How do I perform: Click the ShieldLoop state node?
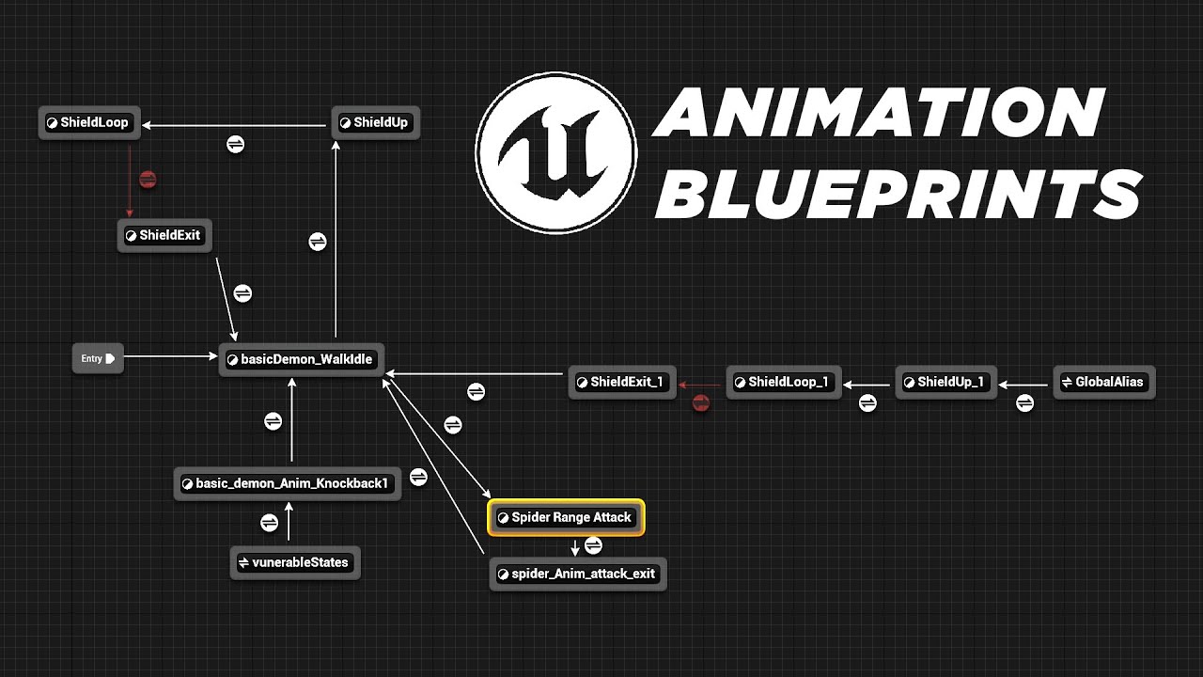click(89, 122)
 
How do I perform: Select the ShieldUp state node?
click(375, 122)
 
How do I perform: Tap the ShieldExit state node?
click(164, 235)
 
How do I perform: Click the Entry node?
click(98, 358)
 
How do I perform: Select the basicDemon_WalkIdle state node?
click(302, 359)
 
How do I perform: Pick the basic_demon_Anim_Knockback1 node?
click(288, 483)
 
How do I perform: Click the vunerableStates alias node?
click(295, 562)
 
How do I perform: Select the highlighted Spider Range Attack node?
click(566, 517)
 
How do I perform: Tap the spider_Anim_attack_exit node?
click(578, 574)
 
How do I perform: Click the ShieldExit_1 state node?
click(622, 382)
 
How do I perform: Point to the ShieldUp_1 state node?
click(945, 382)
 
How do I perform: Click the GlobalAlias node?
click(1103, 382)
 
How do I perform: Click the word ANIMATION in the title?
click(879, 112)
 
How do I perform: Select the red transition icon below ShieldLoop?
click(147, 179)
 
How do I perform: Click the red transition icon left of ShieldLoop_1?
click(700, 403)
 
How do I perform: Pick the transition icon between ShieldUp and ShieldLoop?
click(235, 144)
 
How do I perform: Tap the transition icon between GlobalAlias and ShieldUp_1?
click(1024, 402)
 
